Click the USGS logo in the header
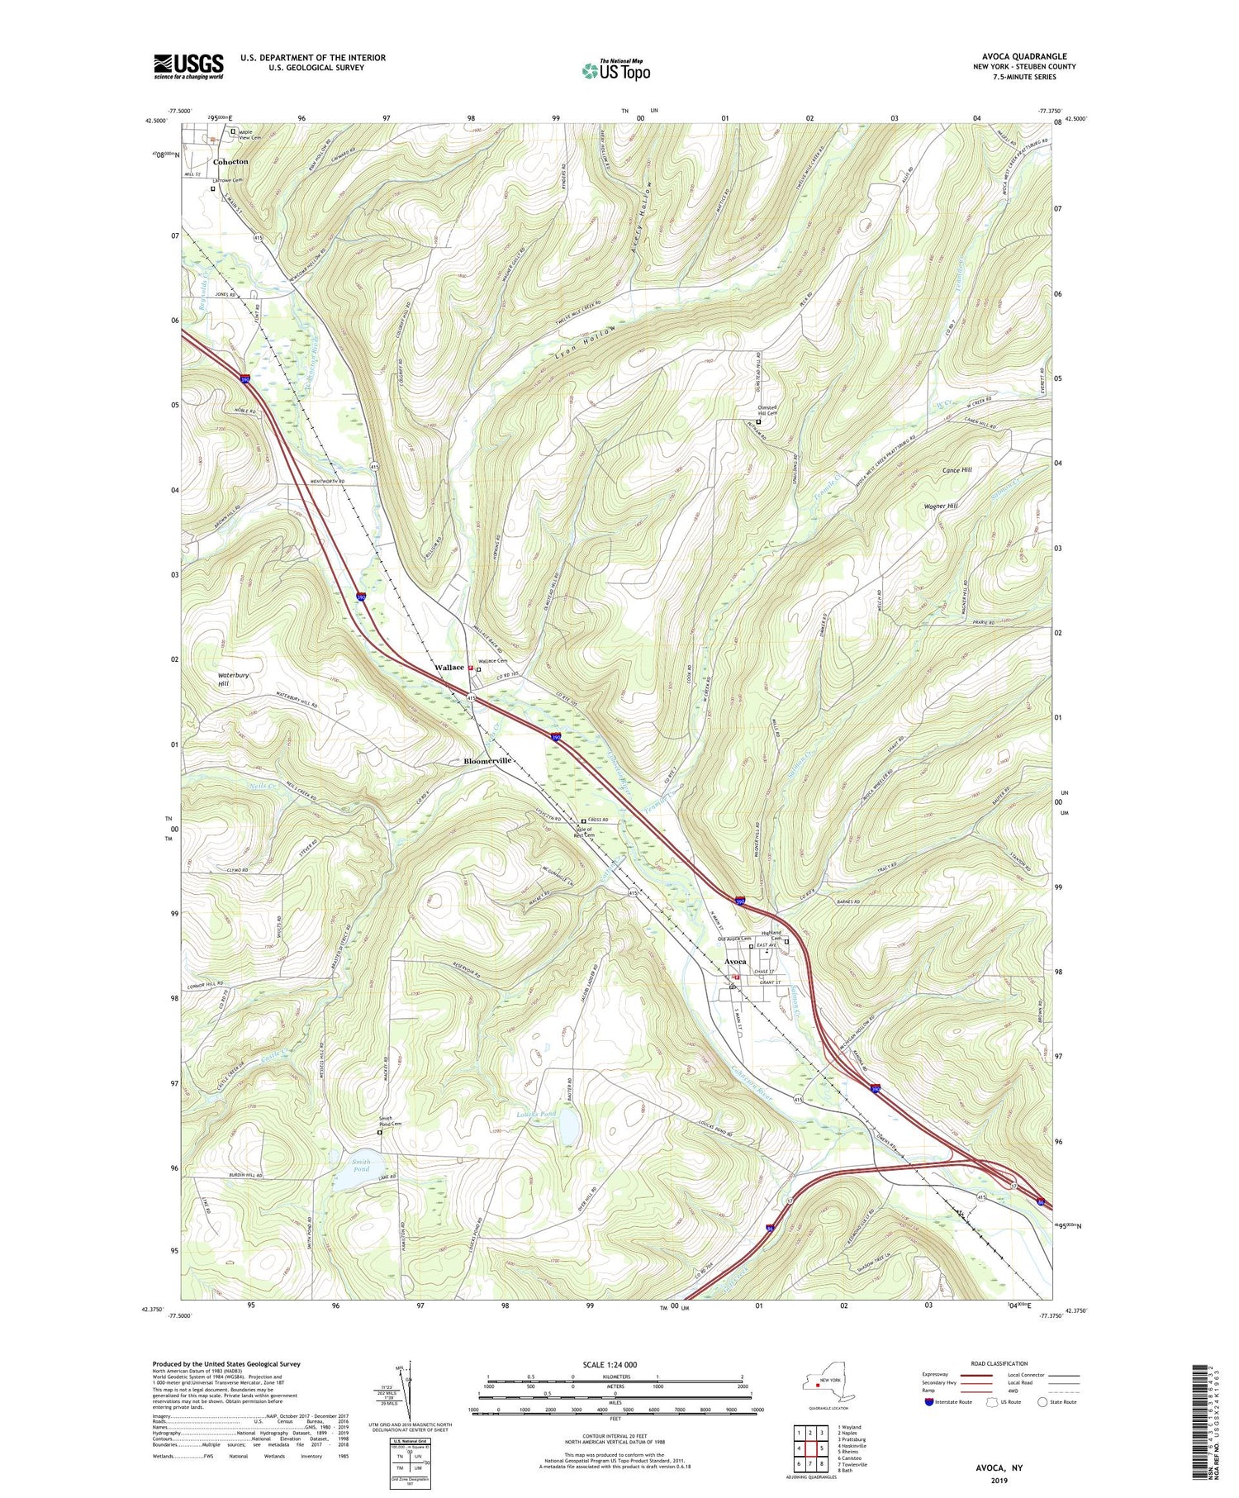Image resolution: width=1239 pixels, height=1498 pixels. [x=188, y=66]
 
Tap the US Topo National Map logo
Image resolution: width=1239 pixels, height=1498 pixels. [x=615, y=70]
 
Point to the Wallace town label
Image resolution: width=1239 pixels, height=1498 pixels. [x=449, y=667]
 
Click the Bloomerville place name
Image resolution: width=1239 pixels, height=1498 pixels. [x=487, y=760]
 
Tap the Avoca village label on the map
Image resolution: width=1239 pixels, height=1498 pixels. [x=735, y=962]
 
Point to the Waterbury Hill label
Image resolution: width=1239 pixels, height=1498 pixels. [x=233, y=679]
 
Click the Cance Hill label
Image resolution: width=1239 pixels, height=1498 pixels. [x=957, y=470]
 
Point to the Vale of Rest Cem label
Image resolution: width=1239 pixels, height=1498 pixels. [x=584, y=831]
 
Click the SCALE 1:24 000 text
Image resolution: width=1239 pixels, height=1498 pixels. [x=615, y=1364]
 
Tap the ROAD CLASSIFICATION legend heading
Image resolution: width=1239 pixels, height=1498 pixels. [x=999, y=1363]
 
